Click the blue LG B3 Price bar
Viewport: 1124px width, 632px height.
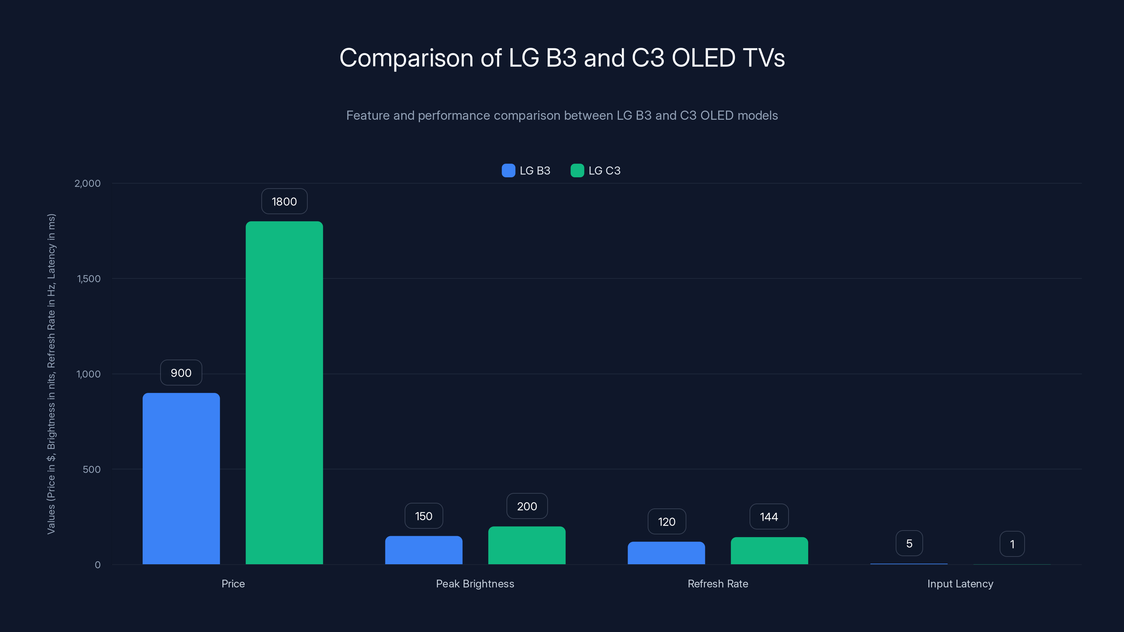[x=181, y=479]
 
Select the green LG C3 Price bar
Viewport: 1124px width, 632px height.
[x=284, y=393]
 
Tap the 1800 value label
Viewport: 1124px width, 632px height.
[x=284, y=202]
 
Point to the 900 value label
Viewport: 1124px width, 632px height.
[x=181, y=373]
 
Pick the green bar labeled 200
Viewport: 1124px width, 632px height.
[x=527, y=545]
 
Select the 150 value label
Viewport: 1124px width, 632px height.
[x=424, y=516]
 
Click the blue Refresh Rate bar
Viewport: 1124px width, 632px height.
[x=666, y=553]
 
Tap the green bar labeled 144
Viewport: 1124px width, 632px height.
[x=769, y=551]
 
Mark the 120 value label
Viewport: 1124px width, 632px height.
[x=666, y=522]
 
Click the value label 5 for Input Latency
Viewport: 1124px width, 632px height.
[x=909, y=544]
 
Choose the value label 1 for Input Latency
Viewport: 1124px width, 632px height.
[x=1012, y=544]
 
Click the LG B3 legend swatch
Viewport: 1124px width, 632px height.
[x=508, y=171]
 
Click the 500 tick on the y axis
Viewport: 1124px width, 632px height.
[x=91, y=469]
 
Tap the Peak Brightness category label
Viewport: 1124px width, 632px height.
[x=475, y=584]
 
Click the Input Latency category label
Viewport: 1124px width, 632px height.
[x=960, y=584]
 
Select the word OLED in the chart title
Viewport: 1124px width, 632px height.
[x=703, y=58]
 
